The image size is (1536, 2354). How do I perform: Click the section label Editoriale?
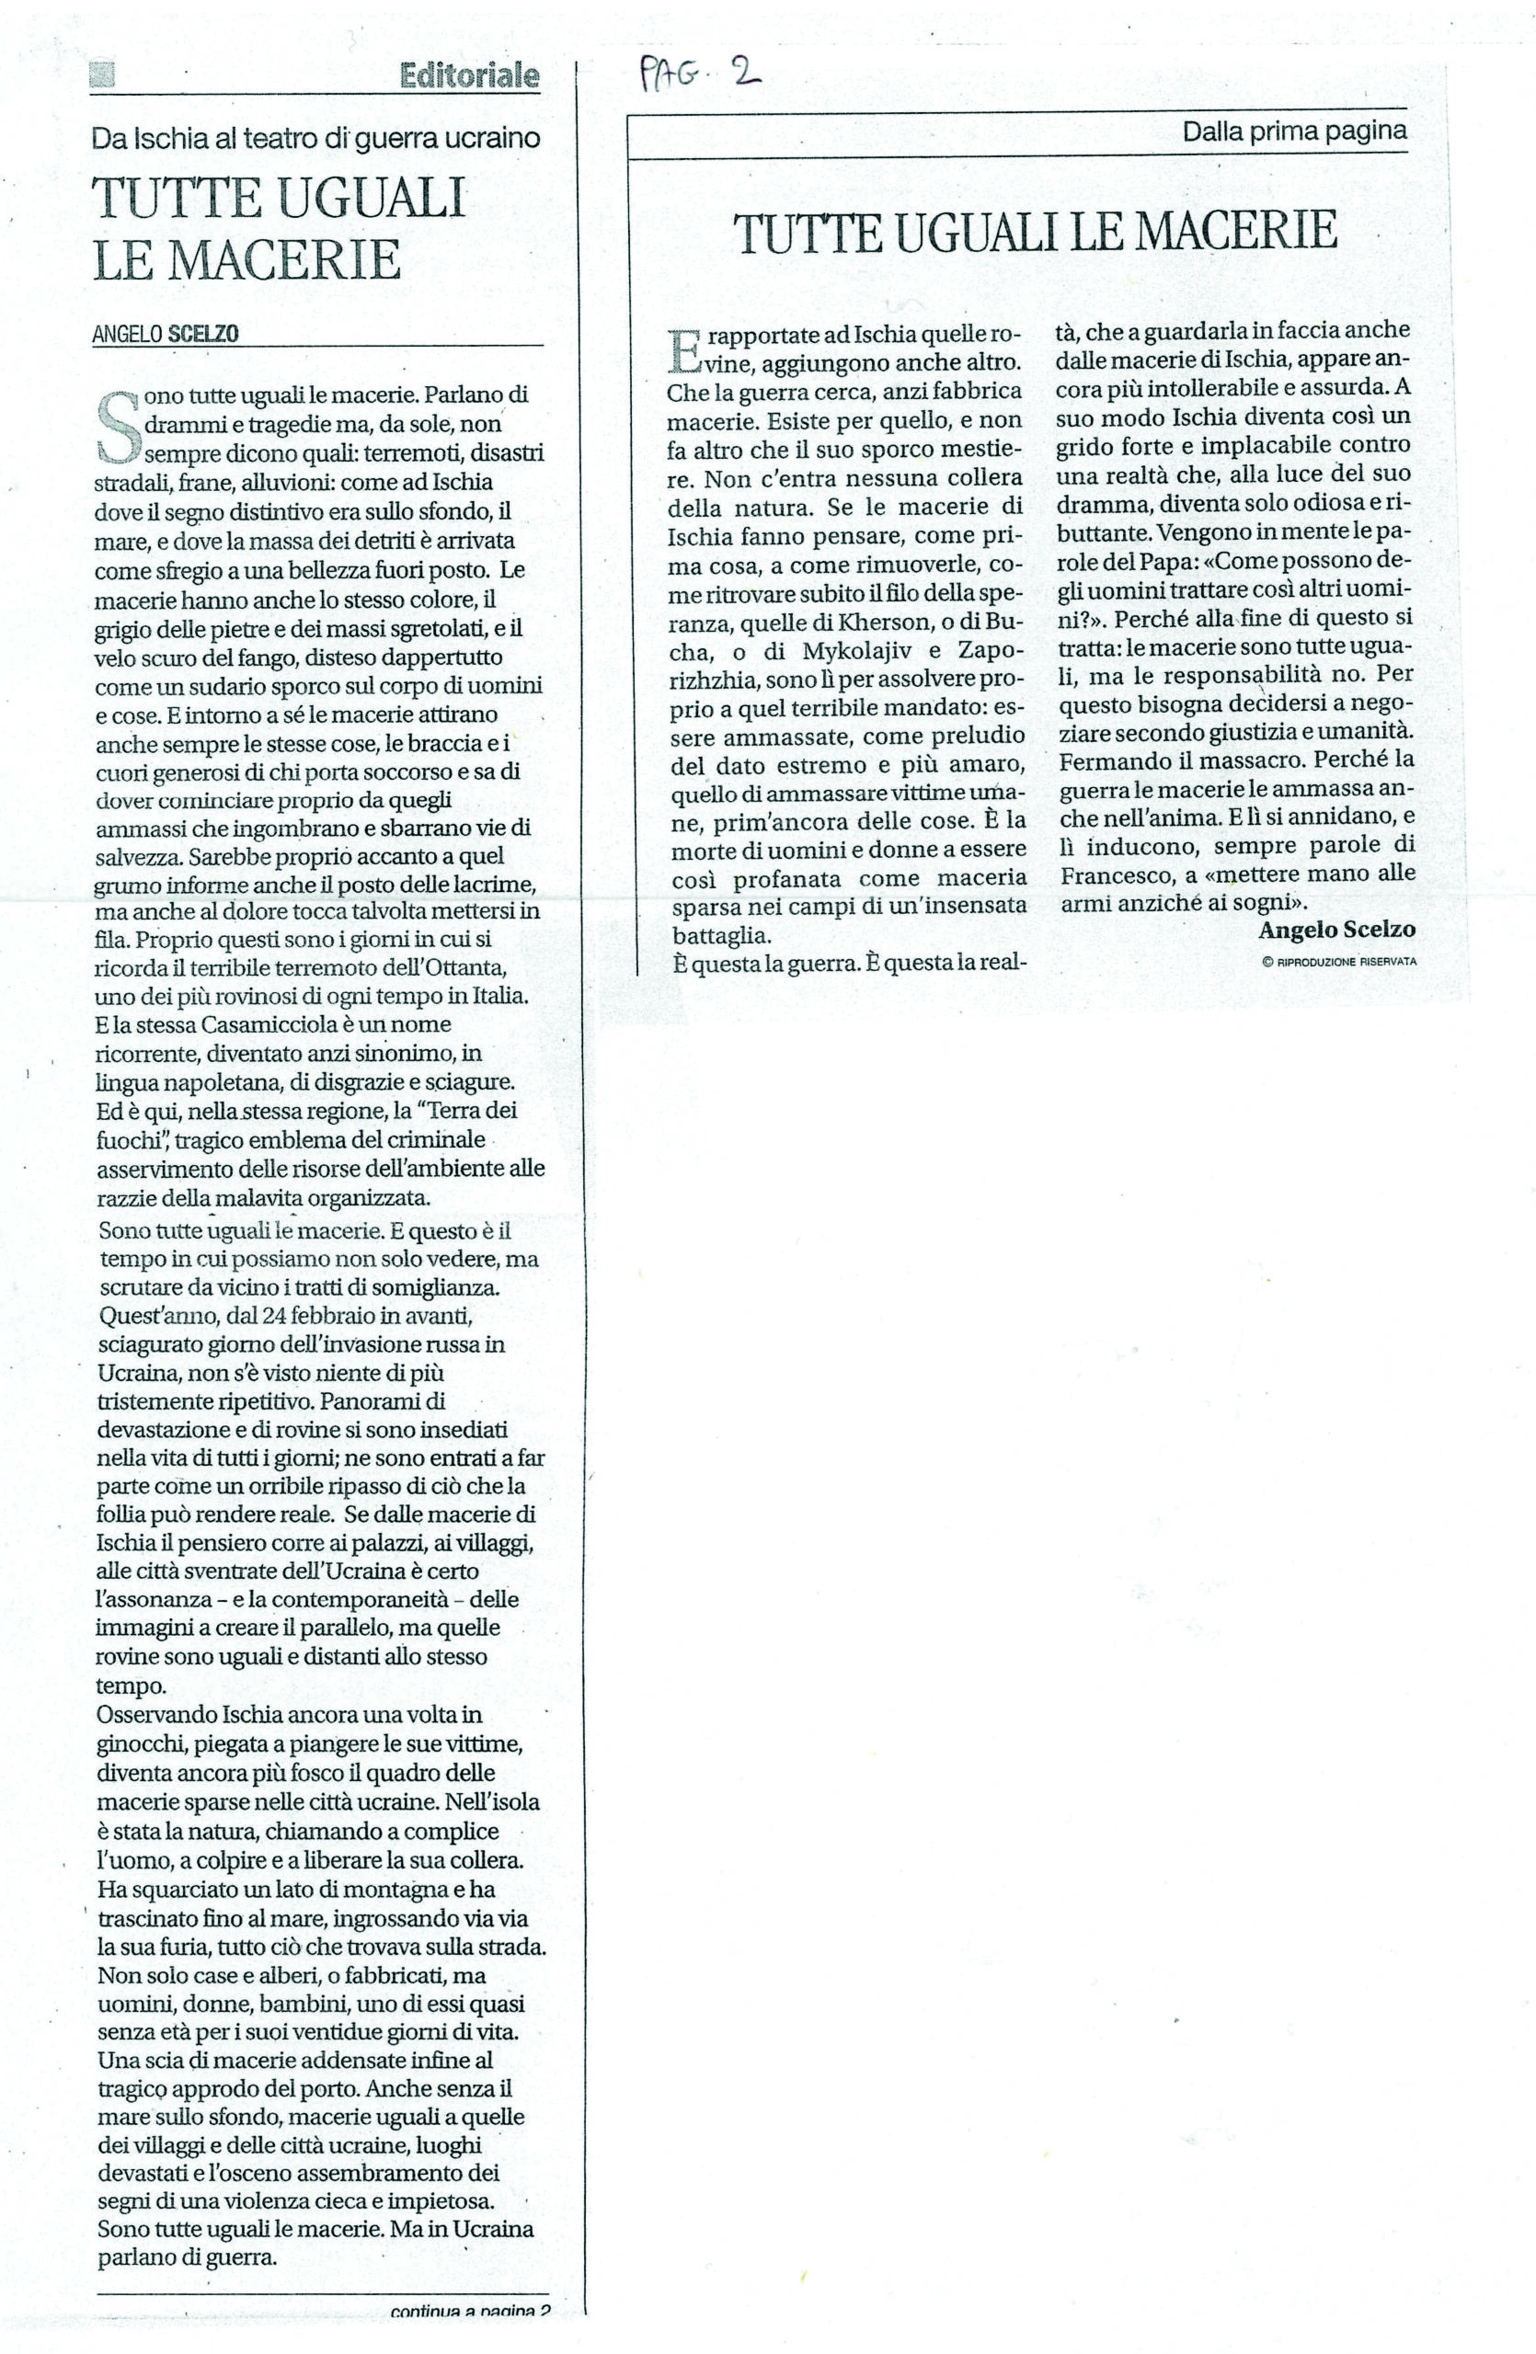(470, 76)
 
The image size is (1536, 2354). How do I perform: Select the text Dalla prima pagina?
(1294, 131)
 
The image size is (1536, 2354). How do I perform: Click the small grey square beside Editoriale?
(103, 76)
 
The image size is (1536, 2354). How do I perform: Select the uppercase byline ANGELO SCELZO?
(166, 335)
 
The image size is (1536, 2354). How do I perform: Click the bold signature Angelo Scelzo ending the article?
(1336, 930)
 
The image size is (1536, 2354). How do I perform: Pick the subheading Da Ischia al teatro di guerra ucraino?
(315, 139)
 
